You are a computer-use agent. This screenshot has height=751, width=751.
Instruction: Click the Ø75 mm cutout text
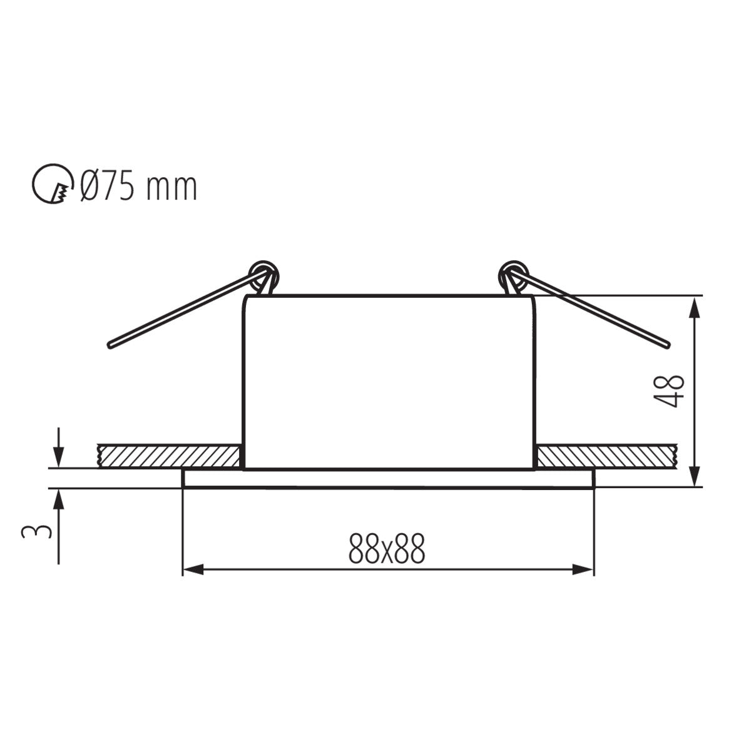click(x=139, y=186)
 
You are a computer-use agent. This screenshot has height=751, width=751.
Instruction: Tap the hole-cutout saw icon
click(x=51, y=186)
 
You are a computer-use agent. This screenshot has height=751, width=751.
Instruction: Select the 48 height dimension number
click(x=670, y=391)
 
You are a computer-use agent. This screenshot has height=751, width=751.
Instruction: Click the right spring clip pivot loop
click(x=512, y=275)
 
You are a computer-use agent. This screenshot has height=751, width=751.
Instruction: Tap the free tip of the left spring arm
click(x=111, y=344)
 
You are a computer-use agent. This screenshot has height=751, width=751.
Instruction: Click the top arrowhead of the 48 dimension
click(x=693, y=307)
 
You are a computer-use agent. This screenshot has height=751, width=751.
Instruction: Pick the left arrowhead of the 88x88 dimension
click(x=192, y=570)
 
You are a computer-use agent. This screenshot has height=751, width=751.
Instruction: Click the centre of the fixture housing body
click(x=388, y=382)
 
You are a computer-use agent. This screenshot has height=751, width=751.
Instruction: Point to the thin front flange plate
click(x=388, y=478)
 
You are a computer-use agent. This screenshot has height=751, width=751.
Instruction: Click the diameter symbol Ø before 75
click(x=88, y=186)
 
